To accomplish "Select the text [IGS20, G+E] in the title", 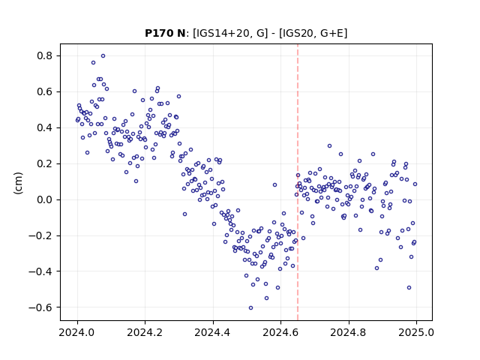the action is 313,33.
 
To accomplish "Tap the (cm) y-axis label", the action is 18,183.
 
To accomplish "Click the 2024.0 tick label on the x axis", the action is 77,332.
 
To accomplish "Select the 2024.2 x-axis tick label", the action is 145,332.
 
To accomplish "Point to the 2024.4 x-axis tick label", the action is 213,332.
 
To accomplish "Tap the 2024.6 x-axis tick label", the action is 280,332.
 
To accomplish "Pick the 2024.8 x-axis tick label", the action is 348,332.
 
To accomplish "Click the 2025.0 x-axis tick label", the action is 416,332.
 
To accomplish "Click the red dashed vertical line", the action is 298,182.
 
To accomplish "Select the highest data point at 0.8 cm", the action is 103,56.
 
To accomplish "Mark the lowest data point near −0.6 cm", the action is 250,308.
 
